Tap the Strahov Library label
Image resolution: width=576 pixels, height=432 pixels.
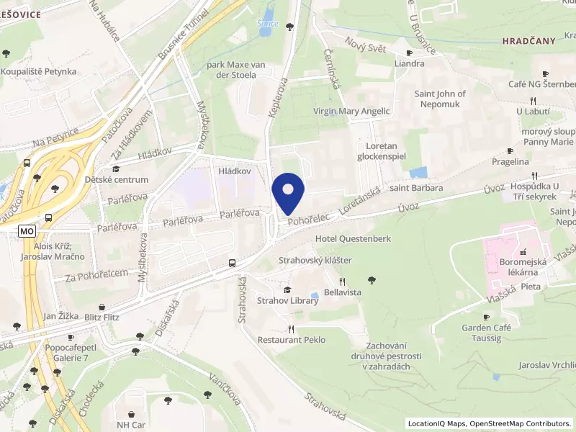[288, 301]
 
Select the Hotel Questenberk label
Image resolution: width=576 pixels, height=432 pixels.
[351, 238]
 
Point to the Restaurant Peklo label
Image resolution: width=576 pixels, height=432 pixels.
[292, 340]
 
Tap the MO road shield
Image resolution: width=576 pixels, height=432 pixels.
[27, 231]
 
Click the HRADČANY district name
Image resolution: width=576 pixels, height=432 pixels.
[529, 41]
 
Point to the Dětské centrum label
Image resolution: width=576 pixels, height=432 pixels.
[117, 179]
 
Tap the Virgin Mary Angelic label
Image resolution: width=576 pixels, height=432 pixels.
[351, 112]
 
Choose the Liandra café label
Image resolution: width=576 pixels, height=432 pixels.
[409, 63]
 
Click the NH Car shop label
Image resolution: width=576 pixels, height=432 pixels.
[132, 425]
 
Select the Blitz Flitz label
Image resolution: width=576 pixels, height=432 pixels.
[102, 317]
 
